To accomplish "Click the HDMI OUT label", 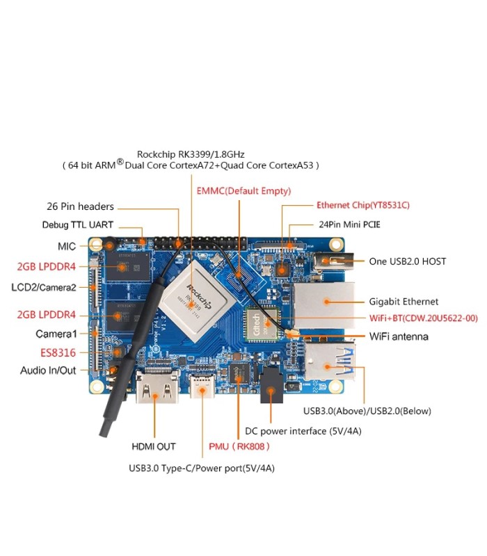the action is pyautogui.click(x=154, y=446).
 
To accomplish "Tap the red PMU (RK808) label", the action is pyautogui.click(x=239, y=446).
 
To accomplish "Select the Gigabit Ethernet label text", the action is pyautogui.click(x=404, y=302).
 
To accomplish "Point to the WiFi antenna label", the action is pyautogui.click(x=399, y=336).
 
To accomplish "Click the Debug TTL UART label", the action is pyautogui.click(x=78, y=224).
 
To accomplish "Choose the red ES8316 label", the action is pyautogui.click(x=58, y=353).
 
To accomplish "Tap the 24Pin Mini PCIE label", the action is pyautogui.click(x=349, y=224).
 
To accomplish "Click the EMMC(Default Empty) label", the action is pyautogui.click(x=243, y=190).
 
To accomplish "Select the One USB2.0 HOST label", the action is pyautogui.click(x=408, y=261).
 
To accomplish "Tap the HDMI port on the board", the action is pyautogui.click(x=157, y=387).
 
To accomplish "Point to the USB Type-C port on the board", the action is pyautogui.click(x=202, y=386).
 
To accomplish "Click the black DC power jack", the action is pyautogui.click(x=271, y=385).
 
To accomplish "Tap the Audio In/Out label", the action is pyautogui.click(x=48, y=370).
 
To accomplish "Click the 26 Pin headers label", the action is pyautogui.click(x=80, y=206).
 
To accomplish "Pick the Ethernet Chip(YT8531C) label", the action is pyautogui.click(x=363, y=205).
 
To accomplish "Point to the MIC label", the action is pyautogui.click(x=67, y=247).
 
